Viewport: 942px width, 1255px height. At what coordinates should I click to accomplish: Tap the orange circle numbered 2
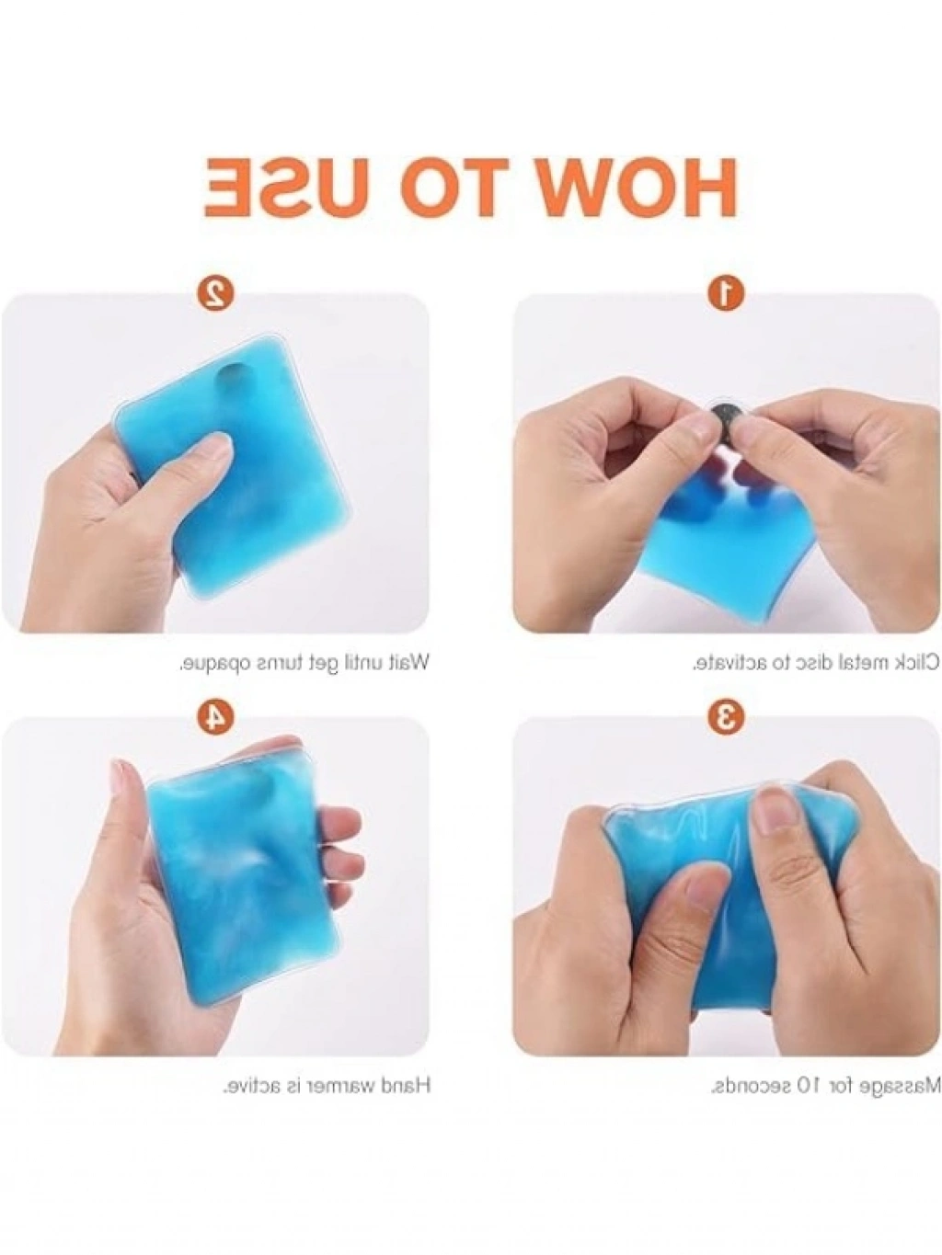click(x=215, y=292)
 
